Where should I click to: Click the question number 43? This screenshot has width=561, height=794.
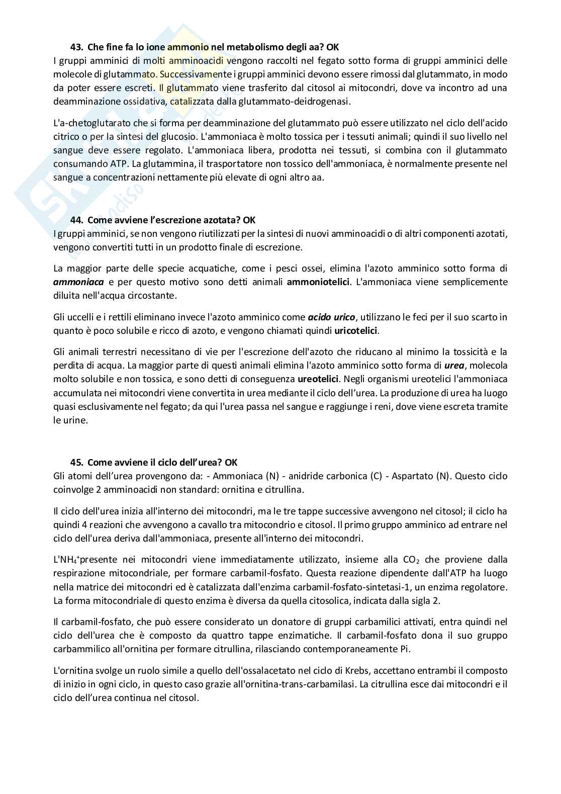[x=76, y=47]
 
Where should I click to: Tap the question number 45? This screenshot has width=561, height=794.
[x=76, y=462]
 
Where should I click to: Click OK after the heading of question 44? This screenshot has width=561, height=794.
[x=249, y=220]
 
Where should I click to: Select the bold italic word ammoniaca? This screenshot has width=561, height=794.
[x=78, y=282]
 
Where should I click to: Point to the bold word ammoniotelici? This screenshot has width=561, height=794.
[x=318, y=282]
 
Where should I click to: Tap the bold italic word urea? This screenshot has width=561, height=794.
[x=454, y=365]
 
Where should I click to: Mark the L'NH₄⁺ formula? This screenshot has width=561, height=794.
[x=66, y=560]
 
